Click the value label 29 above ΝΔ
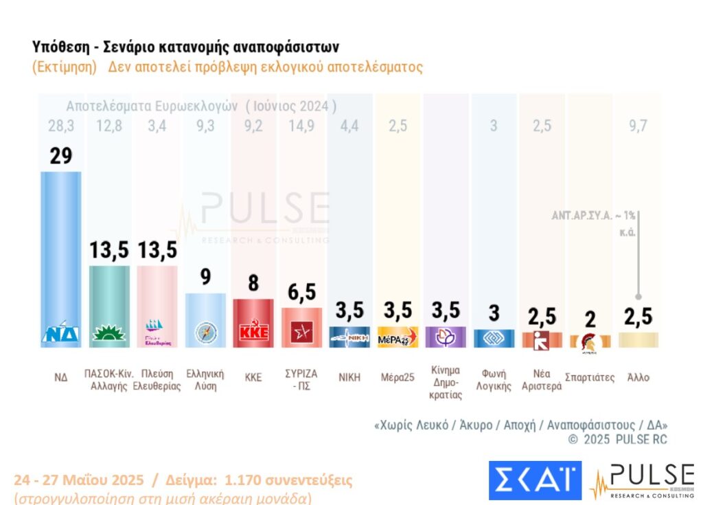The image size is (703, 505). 60,155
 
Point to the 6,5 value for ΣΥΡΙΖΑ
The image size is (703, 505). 301,291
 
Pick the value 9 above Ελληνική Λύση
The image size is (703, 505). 205,277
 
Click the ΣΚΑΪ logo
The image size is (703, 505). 534,480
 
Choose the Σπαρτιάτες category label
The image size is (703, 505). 590,377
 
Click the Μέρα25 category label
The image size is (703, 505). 397,377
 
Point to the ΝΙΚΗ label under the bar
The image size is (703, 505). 349,377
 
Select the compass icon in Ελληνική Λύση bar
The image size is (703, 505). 205,332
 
